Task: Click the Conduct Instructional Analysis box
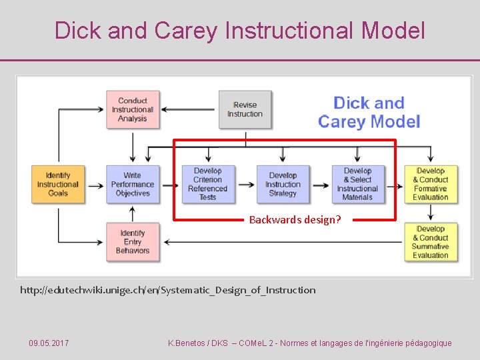pos(132,109)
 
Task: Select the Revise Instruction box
pos(245,109)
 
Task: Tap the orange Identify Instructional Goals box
pos(58,184)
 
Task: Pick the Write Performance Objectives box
pos(132,184)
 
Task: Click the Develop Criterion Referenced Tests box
pos(208,184)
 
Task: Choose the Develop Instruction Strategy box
pos(283,184)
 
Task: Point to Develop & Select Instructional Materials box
pos(358,184)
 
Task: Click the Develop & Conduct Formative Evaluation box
pos(431,184)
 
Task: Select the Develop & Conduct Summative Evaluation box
pos(431,241)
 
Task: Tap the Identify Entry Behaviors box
pos(132,241)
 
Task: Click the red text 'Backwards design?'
pos(295,219)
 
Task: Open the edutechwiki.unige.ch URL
pos(168,290)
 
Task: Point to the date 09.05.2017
pos(49,343)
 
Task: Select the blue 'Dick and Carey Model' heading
pos(369,112)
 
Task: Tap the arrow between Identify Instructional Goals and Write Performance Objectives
pos(95,184)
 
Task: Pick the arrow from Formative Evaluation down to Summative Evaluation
pos(431,213)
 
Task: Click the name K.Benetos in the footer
pos(188,343)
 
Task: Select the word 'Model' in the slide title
pos(393,31)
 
